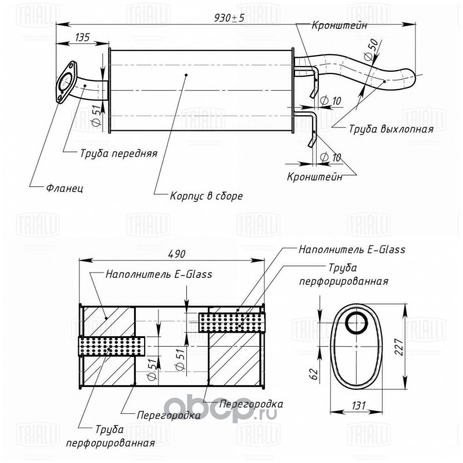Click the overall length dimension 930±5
229,19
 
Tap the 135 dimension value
82,37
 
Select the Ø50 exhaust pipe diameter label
371,50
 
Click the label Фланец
65,188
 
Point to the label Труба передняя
119,153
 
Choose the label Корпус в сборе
206,196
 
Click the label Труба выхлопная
391,129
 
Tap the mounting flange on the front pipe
66,82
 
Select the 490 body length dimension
177,253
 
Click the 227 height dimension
399,347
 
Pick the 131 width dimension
358,406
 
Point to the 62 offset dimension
314,374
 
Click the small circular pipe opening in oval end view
357,323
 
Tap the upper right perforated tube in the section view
232,322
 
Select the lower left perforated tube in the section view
112,346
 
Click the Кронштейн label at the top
339,25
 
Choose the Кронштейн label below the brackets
315,177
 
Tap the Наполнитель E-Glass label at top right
352,249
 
